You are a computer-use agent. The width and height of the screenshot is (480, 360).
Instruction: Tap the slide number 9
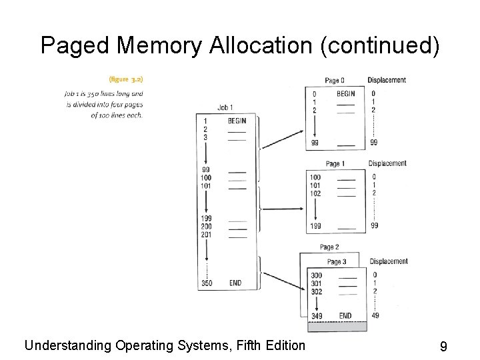click(443, 346)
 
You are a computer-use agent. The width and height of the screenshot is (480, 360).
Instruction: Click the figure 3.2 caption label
click(121, 79)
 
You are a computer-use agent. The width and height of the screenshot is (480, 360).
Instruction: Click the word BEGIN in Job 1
click(237, 121)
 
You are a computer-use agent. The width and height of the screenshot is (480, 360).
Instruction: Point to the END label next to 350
click(235, 283)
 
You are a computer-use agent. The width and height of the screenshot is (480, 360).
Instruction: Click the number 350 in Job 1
click(207, 283)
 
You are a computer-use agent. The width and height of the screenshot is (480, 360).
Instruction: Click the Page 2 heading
click(330, 247)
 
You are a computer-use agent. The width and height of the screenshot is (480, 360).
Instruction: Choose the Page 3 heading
click(337, 261)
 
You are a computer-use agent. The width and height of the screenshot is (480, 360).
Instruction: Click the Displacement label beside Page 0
click(387, 80)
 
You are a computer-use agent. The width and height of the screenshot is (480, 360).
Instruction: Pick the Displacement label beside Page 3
click(389, 261)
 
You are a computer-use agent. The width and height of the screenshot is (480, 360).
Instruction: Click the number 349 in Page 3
click(317, 316)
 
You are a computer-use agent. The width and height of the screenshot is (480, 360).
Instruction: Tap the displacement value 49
click(375, 316)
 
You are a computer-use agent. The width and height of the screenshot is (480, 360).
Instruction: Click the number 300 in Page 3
click(316, 275)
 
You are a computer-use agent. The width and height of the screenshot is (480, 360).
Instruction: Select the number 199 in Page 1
click(315, 226)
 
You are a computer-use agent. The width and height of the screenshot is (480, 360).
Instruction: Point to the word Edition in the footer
click(283, 345)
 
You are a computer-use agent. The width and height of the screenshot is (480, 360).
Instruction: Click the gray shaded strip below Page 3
click(337, 327)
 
